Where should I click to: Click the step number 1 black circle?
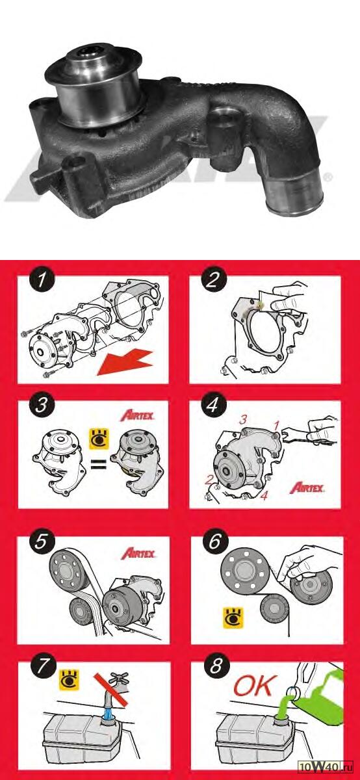pos(42,280)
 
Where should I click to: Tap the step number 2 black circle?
pos(212,280)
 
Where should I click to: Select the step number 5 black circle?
pos(41,542)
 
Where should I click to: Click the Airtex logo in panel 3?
pos(137,416)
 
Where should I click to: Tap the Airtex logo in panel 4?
pos(307,487)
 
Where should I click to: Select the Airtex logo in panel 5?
pos(138,554)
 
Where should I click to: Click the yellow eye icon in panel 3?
pos(99,439)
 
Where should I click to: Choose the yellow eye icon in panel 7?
pos(70,679)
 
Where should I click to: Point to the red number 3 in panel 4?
pos(242,420)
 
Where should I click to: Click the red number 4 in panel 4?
pos(264,495)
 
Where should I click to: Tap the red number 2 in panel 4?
pos(209,480)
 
